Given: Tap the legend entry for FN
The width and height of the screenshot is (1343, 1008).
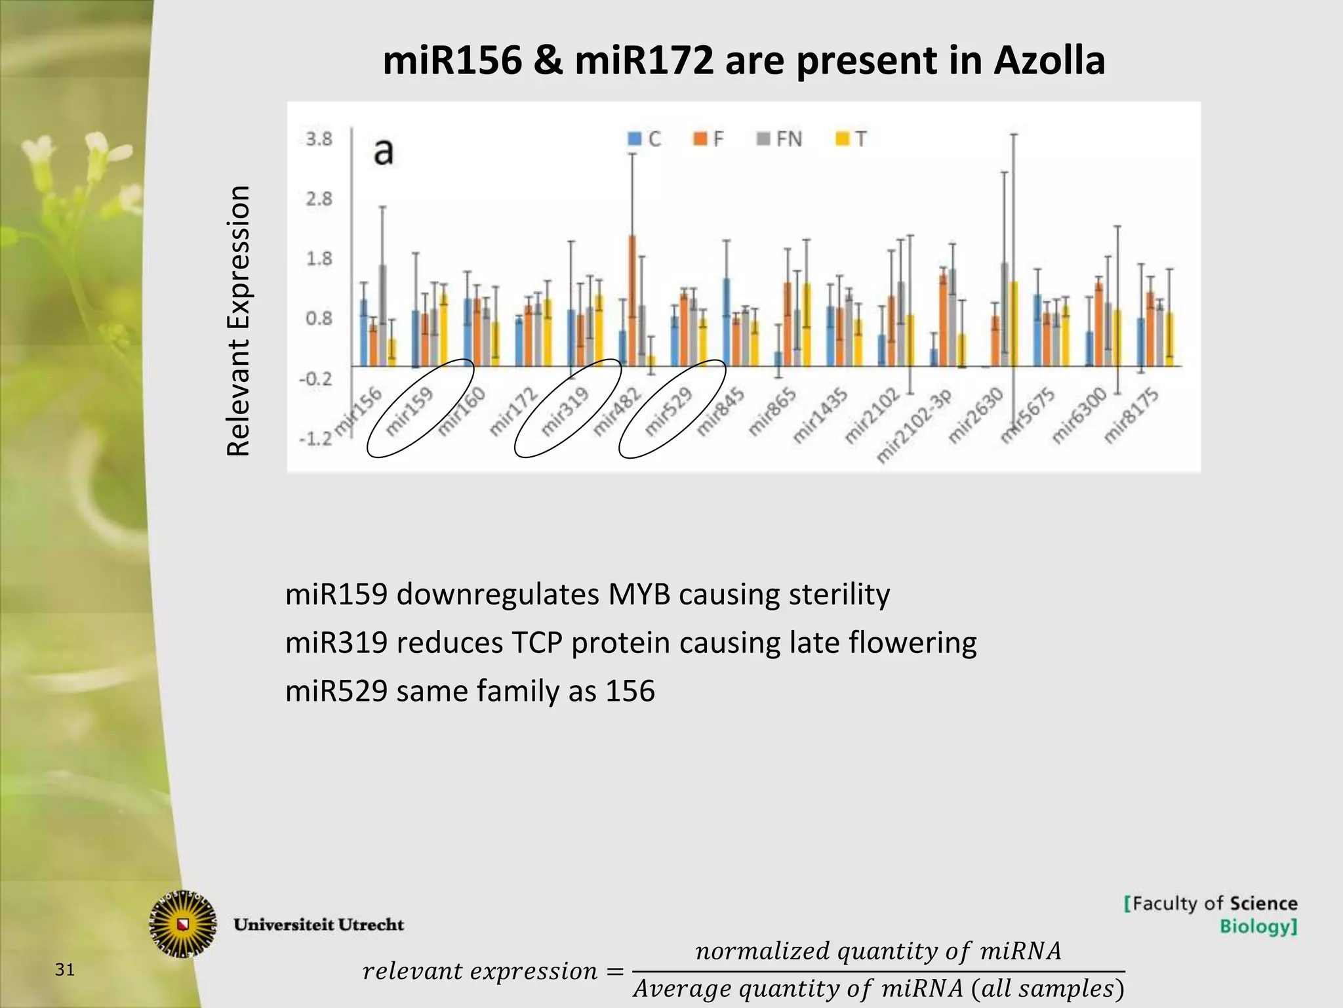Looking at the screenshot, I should tap(780, 139).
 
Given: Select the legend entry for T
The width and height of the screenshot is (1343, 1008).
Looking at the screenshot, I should tap(852, 139).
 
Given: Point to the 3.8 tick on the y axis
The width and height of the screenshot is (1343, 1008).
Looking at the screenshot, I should tap(319, 139).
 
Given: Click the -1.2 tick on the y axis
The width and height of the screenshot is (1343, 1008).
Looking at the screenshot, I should tap(315, 438).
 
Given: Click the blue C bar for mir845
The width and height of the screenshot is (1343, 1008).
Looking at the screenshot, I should tap(727, 322).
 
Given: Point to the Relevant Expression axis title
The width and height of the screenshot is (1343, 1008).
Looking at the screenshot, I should tap(239, 321).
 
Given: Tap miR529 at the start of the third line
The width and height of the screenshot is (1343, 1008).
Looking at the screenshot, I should tap(336, 691).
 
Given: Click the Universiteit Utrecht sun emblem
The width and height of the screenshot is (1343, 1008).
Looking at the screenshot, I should tap(183, 924).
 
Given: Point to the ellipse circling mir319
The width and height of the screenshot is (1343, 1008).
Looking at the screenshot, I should tap(568, 408).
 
